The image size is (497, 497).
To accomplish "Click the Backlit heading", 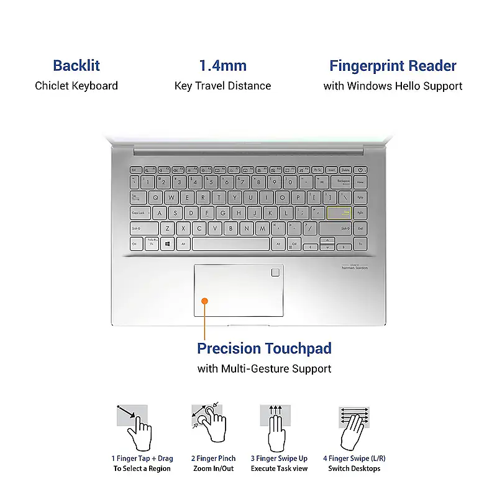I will [x=76, y=66].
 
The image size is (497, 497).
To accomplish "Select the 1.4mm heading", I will [x=222, y=66].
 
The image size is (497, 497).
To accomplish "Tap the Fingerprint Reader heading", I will [x=393, y=66].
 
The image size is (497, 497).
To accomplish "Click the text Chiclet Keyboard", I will [x=76, y=86].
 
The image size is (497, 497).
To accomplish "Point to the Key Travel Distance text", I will [x=222, y=86].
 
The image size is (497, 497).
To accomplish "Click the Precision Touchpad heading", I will [x=264, y=348].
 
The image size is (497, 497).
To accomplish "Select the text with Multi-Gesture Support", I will [x=264, y=369].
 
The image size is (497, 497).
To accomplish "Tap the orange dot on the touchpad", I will [x=204, y=301].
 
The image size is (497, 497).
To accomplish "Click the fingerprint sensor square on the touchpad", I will [x=275, y=272].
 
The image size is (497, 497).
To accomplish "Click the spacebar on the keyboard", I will [x=230, y=244].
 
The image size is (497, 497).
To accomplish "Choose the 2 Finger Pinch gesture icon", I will [x=208, y=427].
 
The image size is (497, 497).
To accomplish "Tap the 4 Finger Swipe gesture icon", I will [x=354, y=427].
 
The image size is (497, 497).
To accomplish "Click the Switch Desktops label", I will [x=354, y=468].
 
